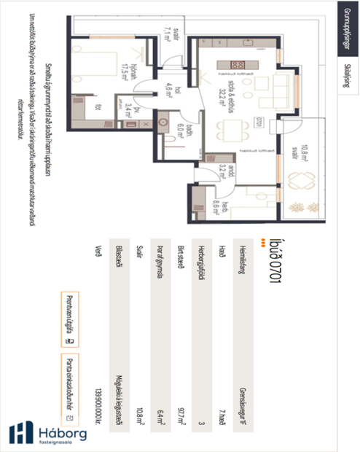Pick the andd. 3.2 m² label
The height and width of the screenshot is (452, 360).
point(227,172)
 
